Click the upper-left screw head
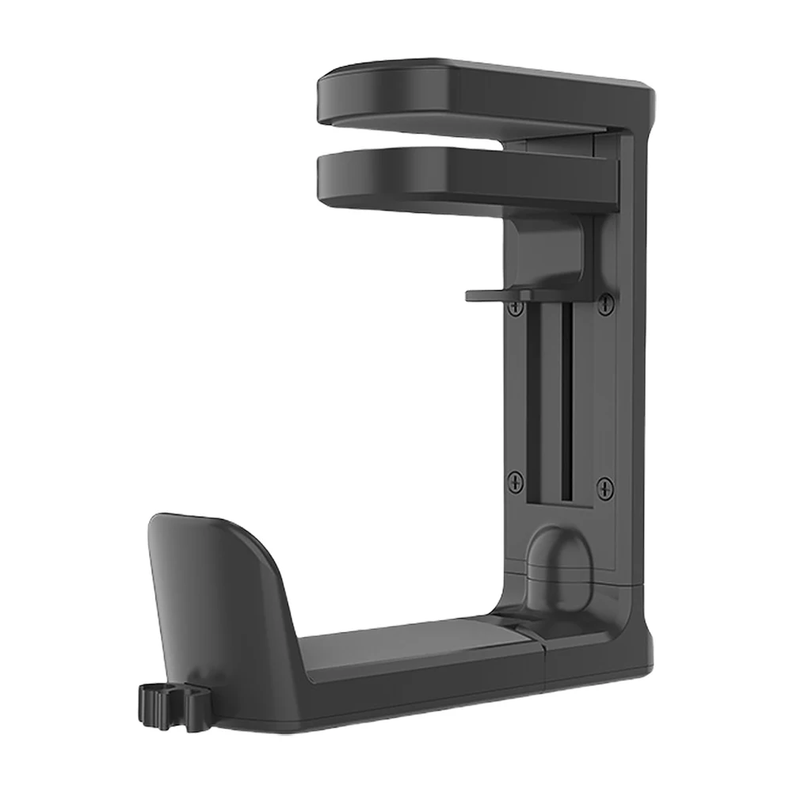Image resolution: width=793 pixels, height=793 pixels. (516, 304)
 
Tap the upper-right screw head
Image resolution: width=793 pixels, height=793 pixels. (606, 302)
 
